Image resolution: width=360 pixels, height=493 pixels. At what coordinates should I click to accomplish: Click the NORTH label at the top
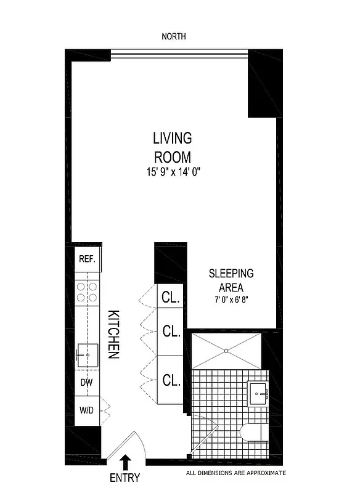[173, 37]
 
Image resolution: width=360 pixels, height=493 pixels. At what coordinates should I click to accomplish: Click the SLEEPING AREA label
[231, 280]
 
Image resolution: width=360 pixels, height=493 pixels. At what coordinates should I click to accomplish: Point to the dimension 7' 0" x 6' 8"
[231, 300]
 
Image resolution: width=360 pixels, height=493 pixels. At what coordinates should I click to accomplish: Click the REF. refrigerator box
[87, 259]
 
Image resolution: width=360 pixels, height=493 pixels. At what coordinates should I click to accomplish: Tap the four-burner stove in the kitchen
[87, 292]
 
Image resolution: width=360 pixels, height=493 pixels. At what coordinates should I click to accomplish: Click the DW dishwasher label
[87, 383]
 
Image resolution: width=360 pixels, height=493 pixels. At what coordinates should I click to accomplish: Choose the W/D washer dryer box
[87, 410]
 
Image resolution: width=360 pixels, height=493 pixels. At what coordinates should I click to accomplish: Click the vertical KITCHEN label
[114, 335]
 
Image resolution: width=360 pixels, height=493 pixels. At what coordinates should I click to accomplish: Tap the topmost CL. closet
[171, 298]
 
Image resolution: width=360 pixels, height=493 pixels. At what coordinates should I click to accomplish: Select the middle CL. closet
[171, 332]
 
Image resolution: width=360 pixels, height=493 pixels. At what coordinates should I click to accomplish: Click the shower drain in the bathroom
[226, 351]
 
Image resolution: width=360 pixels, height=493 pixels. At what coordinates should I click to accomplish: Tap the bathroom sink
[257, 392]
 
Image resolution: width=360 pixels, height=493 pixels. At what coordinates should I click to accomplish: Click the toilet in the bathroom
[253, 433]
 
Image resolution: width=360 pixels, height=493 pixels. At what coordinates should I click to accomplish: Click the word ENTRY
[125, 478]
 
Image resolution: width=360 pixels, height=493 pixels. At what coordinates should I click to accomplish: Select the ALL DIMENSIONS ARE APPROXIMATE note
[236, 473]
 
